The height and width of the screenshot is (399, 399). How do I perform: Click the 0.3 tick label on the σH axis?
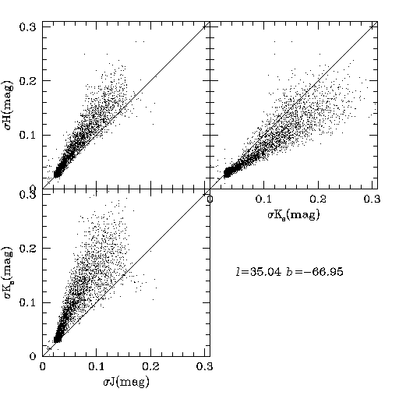[x=28, y=27]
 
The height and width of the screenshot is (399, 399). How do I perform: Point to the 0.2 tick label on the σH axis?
[x=28, y=81]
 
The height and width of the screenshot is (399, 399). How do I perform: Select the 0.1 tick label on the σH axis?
[x=28, y=136]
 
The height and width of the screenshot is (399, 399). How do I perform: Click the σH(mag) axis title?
[x=8, y=106]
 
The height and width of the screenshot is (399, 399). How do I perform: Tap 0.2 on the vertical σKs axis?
[x=28, y=249]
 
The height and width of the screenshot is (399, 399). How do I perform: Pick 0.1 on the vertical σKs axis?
[x=28, y=303]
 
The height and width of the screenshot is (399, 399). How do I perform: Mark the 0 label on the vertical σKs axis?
[x=33, y=356]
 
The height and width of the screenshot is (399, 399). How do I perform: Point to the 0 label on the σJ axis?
[x=42, y=367]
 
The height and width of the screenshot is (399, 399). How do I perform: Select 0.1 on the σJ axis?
[x=97, y=367]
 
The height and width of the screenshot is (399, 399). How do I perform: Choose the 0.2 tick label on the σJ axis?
[x=150, y=367]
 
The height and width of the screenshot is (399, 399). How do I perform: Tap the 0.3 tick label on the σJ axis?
[x=205, y=367]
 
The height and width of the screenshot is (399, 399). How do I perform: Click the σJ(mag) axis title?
[x=126, y=382]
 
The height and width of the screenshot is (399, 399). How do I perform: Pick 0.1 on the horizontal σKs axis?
[x=264, y=199]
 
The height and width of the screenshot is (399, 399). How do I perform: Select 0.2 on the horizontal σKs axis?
[x=318, y=199]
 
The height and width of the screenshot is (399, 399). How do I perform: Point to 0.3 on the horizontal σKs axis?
[x=372, y=199]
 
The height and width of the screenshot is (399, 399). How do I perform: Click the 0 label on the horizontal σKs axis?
[x=210, y=199]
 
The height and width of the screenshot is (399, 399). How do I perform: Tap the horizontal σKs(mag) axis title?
[x=294, y=215]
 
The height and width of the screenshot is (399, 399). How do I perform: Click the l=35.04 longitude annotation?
[x=259, y=272]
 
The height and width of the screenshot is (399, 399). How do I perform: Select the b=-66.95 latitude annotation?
[x=315, y=272]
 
